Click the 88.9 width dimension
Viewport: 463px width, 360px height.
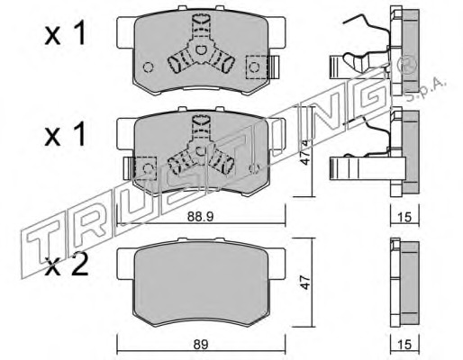coord(200,217)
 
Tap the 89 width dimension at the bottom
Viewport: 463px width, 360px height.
coord(201,345)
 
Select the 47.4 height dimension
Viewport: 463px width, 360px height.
coord(306,152)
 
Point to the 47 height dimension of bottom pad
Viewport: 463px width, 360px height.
coord(305,282)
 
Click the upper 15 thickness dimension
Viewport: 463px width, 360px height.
coord(405,217)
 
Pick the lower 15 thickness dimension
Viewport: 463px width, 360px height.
coord(405,345)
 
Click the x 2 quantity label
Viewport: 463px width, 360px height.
coord(66,265)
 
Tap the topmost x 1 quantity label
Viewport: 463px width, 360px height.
coord(65,34)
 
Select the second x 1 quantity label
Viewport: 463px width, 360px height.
coord(65,135)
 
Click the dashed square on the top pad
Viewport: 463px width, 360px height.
coord(257,67)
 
